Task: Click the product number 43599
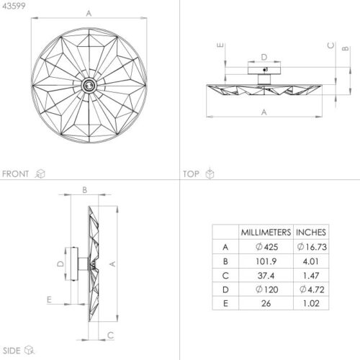coord(14,6)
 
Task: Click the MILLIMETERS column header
coord(266,233)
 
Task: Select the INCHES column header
coord(311,233)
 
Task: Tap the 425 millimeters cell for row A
coord(266,247)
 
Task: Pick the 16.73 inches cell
coord(312,247)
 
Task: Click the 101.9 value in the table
coord(266,261)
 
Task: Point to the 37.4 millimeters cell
coord(266,276)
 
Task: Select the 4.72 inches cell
coord(312,289)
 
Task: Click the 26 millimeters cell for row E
coord(266,303)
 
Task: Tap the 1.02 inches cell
coord(311,303)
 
